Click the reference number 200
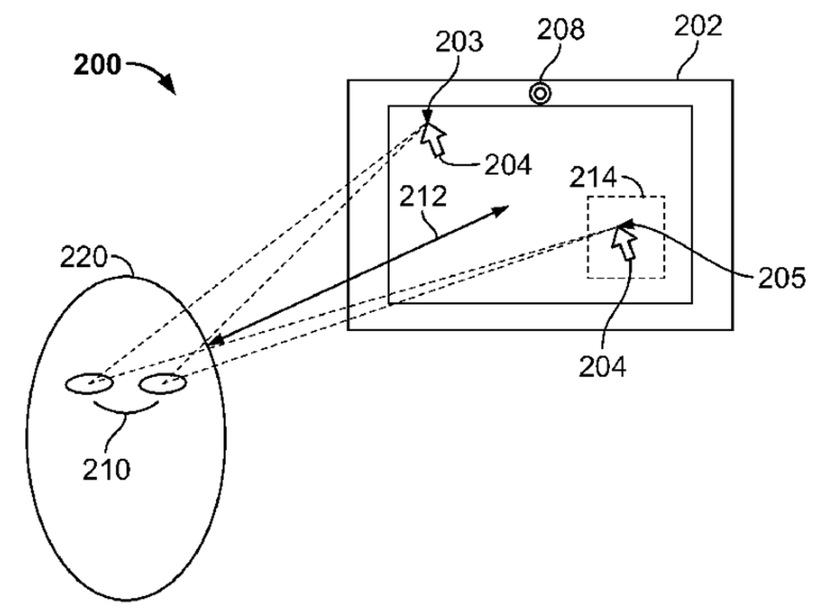(x=97, y=66)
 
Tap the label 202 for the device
(x=697, y=26)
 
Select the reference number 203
(x=459, y=42)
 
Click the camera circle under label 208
(x=540, y=94)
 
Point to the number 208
(x=561, y=29)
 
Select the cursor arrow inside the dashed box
(x=625, y=243)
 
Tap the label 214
(x=593, y=178)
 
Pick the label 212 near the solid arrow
(x=423, y=197)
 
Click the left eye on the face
(x=89, y=383)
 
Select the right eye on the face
(x=163, y=383)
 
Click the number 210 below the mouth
(x=106, y=470)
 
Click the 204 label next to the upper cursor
(x=508, y=166)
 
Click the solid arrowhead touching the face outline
(x=214, y=341)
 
